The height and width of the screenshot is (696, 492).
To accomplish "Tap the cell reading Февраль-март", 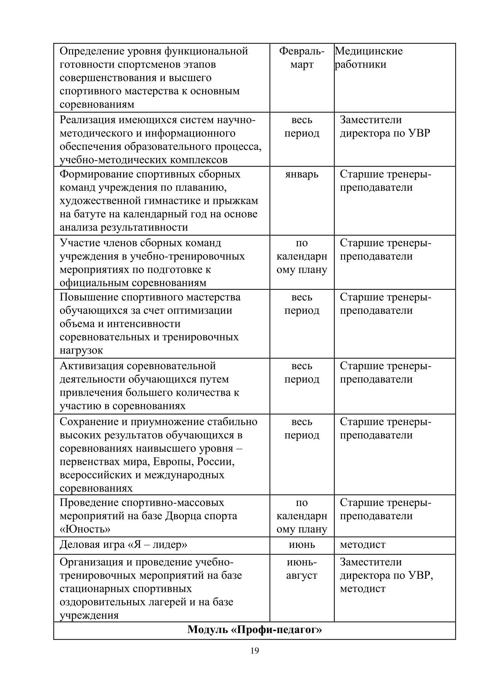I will [x=302, y=58].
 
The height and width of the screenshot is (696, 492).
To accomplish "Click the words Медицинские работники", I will [x=368, y=58].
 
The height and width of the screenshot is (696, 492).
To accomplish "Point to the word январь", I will [x=302, y=174].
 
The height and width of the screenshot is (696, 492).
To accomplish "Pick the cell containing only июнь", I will [x=302, y=545].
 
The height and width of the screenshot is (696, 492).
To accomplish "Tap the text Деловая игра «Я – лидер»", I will [x=123, y=545].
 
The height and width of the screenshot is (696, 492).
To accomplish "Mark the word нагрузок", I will [x=81, y=351].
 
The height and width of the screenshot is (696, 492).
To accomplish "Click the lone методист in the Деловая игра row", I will [x=363, y=545].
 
